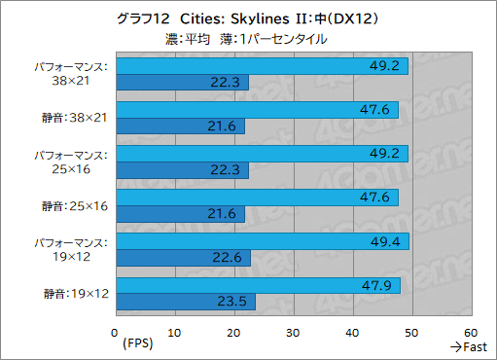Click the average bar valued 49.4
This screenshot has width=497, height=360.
tap(262, 240)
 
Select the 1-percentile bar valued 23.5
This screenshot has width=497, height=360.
tap(185, 302)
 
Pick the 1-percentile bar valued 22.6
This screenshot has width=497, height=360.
tap(182, 258)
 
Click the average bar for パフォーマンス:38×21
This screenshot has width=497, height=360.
tap(261, 66)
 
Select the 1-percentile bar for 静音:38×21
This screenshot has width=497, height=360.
tap(179, 126)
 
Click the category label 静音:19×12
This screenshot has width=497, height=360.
tap(76, 293)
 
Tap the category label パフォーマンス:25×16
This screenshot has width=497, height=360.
tap(74, 162)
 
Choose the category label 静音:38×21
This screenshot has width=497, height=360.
tap(76, 118)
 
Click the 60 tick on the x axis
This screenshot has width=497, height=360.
tap(472, 332)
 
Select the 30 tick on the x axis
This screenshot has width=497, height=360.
tap(294, 332)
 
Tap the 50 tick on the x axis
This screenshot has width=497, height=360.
tap(412, 332)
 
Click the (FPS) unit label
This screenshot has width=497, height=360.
tap(138, 344)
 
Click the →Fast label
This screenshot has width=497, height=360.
tap(470, 347)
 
